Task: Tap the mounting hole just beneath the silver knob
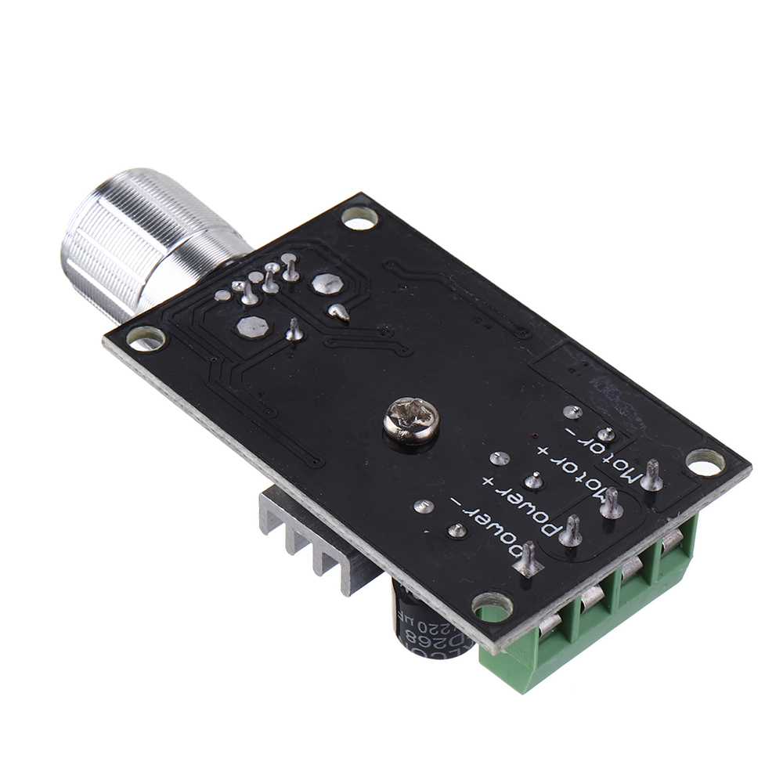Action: (146, 338)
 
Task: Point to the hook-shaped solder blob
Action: (339, 312)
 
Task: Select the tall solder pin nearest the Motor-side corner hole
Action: (651, 476)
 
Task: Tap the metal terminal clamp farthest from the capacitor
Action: (673, 548)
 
